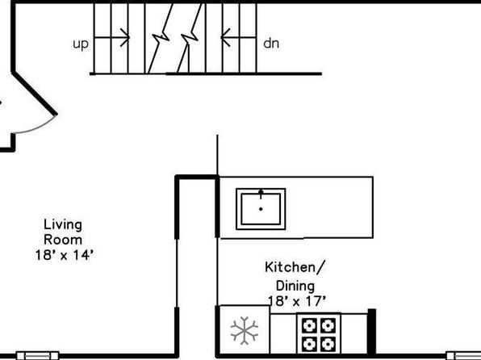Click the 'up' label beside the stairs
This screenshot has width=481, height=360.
click(x=81, y=44)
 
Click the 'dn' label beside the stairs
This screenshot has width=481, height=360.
click(x=271, y=44)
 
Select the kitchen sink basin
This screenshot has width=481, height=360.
click(x=261, y=209)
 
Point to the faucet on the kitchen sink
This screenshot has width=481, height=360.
click(x=261, y=194)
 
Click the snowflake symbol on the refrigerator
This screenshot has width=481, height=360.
click(x=245, y=330)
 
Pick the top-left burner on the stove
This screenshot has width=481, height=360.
click(x=309, y=325)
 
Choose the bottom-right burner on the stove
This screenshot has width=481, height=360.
click(x=328, y=345)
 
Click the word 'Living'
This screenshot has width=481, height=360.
click(x=63, y=224)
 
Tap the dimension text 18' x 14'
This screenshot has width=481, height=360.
click(x=64, y=255)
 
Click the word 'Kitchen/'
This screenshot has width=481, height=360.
click(x=295, y=267)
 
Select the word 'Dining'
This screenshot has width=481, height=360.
click(x=295, y=286)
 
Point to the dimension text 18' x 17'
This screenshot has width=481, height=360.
click(x=296, y=301)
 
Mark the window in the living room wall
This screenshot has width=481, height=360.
click(x=37, y=356)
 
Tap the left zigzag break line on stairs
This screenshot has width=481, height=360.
click(x=160, y=38)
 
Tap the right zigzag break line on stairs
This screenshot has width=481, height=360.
click(x=190, y=38)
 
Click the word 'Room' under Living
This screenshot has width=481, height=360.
click(x=63, y=240)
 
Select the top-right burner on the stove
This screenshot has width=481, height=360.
click(x=328, y=325)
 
